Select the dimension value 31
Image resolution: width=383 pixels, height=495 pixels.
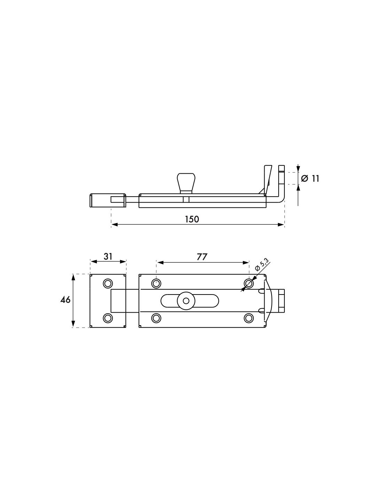[x=108, y=257]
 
